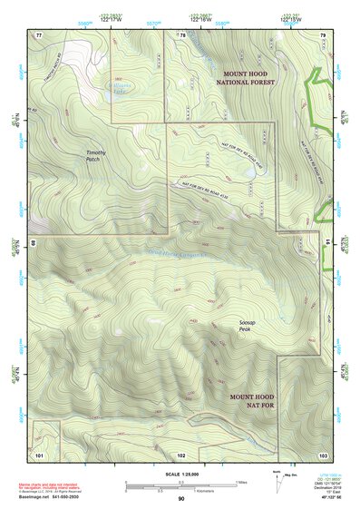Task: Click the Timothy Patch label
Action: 96,156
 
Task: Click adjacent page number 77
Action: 39,34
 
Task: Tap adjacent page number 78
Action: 181,34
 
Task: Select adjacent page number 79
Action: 322,34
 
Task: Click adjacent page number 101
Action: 39,452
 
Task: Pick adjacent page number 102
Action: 181,452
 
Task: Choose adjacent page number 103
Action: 322,452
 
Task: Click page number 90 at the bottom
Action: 181,498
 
